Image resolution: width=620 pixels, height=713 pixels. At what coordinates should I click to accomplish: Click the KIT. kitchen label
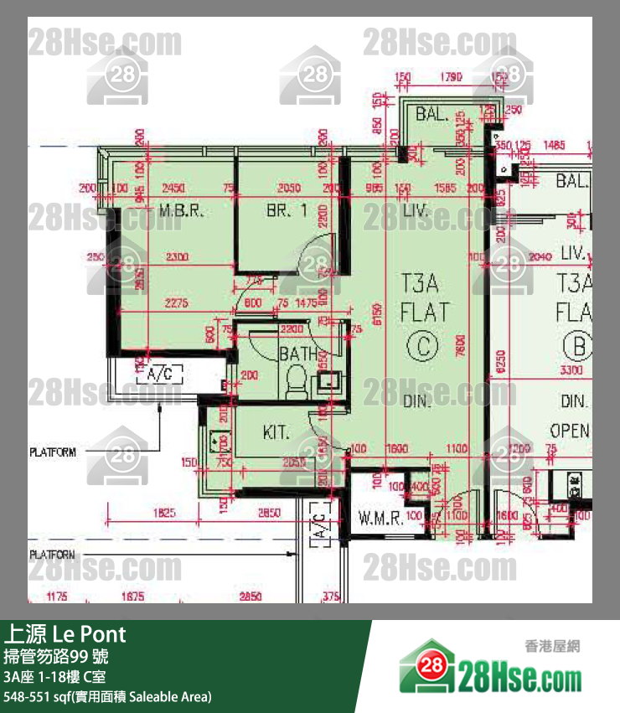(x=276, y=433)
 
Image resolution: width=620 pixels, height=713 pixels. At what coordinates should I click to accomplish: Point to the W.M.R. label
(x=381, y=517)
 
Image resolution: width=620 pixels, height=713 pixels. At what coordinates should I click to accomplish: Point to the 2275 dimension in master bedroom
(x=176, y=303)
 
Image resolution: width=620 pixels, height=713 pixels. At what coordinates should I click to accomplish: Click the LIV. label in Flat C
(x=416, y=211)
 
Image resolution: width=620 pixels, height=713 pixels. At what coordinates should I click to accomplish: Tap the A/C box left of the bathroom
(x=159, y=374)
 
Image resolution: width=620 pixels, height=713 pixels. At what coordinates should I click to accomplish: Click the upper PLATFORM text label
(x=53, y=452)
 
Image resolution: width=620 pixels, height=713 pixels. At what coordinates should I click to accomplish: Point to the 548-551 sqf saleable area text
(x=107, y=696)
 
